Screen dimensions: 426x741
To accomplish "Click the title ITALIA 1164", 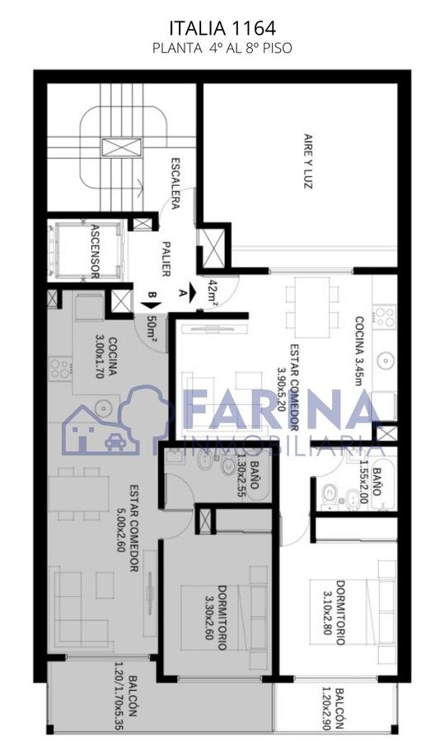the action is point(222,28).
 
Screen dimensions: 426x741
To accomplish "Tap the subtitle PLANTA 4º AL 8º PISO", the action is point(222,49).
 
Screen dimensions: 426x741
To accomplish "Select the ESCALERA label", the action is point(175,184).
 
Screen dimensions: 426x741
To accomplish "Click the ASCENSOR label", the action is point(95,250).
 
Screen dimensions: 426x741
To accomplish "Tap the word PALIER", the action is point(166,259).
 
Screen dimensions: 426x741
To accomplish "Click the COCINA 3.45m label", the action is point(360,351).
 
